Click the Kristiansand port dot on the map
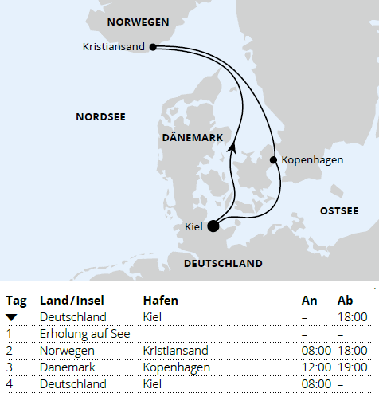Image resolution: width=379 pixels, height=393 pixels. [x=151, y=47]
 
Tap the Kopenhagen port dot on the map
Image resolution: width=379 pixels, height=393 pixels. [x=274, y=160]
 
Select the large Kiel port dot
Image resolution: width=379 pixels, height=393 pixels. [x=213, y=226]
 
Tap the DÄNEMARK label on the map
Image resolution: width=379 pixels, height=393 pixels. [x=192, y=138]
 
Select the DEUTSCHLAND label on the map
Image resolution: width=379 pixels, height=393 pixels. [x=223, y=263]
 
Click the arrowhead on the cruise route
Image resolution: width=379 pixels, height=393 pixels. [x=232, y=146]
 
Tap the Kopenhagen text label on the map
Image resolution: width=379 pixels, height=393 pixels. [x=313, y=160]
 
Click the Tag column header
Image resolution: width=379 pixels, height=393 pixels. [x=16, y=301]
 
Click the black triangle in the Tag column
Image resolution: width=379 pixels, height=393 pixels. [x=11, y=317]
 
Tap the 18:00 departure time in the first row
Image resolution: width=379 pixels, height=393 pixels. [x=351, y=317]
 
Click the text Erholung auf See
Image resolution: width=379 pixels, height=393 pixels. [x=79, y=334]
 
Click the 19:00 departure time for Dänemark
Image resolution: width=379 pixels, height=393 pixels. [x=351, y=367]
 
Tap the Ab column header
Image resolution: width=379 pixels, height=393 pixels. [x=346, y=301]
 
